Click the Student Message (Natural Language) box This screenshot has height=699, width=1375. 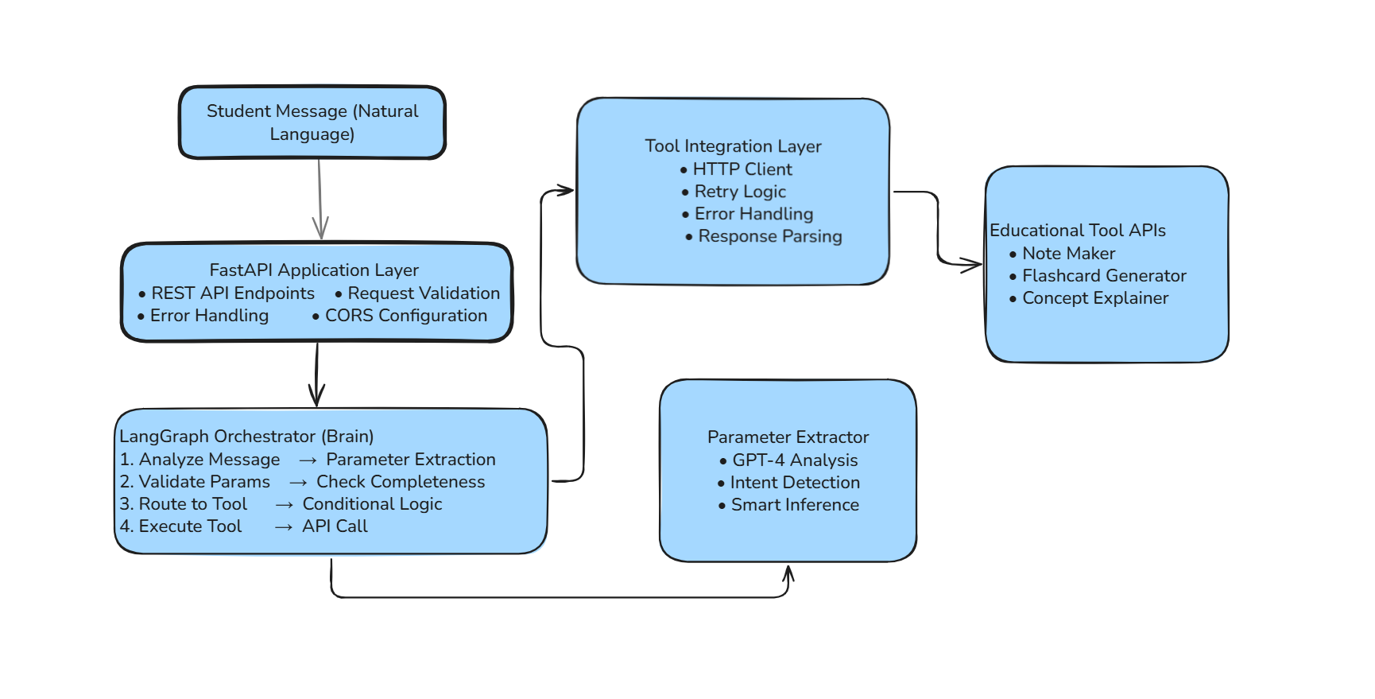click(x=312, y=122)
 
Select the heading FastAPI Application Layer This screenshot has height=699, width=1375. click(x=314, y=270)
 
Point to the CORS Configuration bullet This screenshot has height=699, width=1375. click(x=405, y=316)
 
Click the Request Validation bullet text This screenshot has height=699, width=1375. click(x=424, y=293)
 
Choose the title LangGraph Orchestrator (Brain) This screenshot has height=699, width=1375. click(x=246, y=437)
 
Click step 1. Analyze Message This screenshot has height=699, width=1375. click(x=200, y=460)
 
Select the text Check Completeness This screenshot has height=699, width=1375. click(x=401, y=482)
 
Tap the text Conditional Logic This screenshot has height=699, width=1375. click(x=372, y=504)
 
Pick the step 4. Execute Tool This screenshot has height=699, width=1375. click(x=181, y=526)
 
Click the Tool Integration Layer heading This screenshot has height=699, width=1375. click(x=733, y=146)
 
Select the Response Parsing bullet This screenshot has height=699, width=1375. click(x=769, y=236)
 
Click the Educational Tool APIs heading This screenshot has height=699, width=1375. click(x=1077, y=231)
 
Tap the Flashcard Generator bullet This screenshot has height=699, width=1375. click(x=1103, y=276)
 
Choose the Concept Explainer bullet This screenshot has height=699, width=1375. click(x=1095, y=298)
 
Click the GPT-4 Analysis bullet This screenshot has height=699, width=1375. click(x=795, y=460)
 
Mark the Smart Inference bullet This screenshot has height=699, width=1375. click(x=795, y=505)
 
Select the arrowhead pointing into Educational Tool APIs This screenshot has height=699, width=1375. click(x=971, y=265)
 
